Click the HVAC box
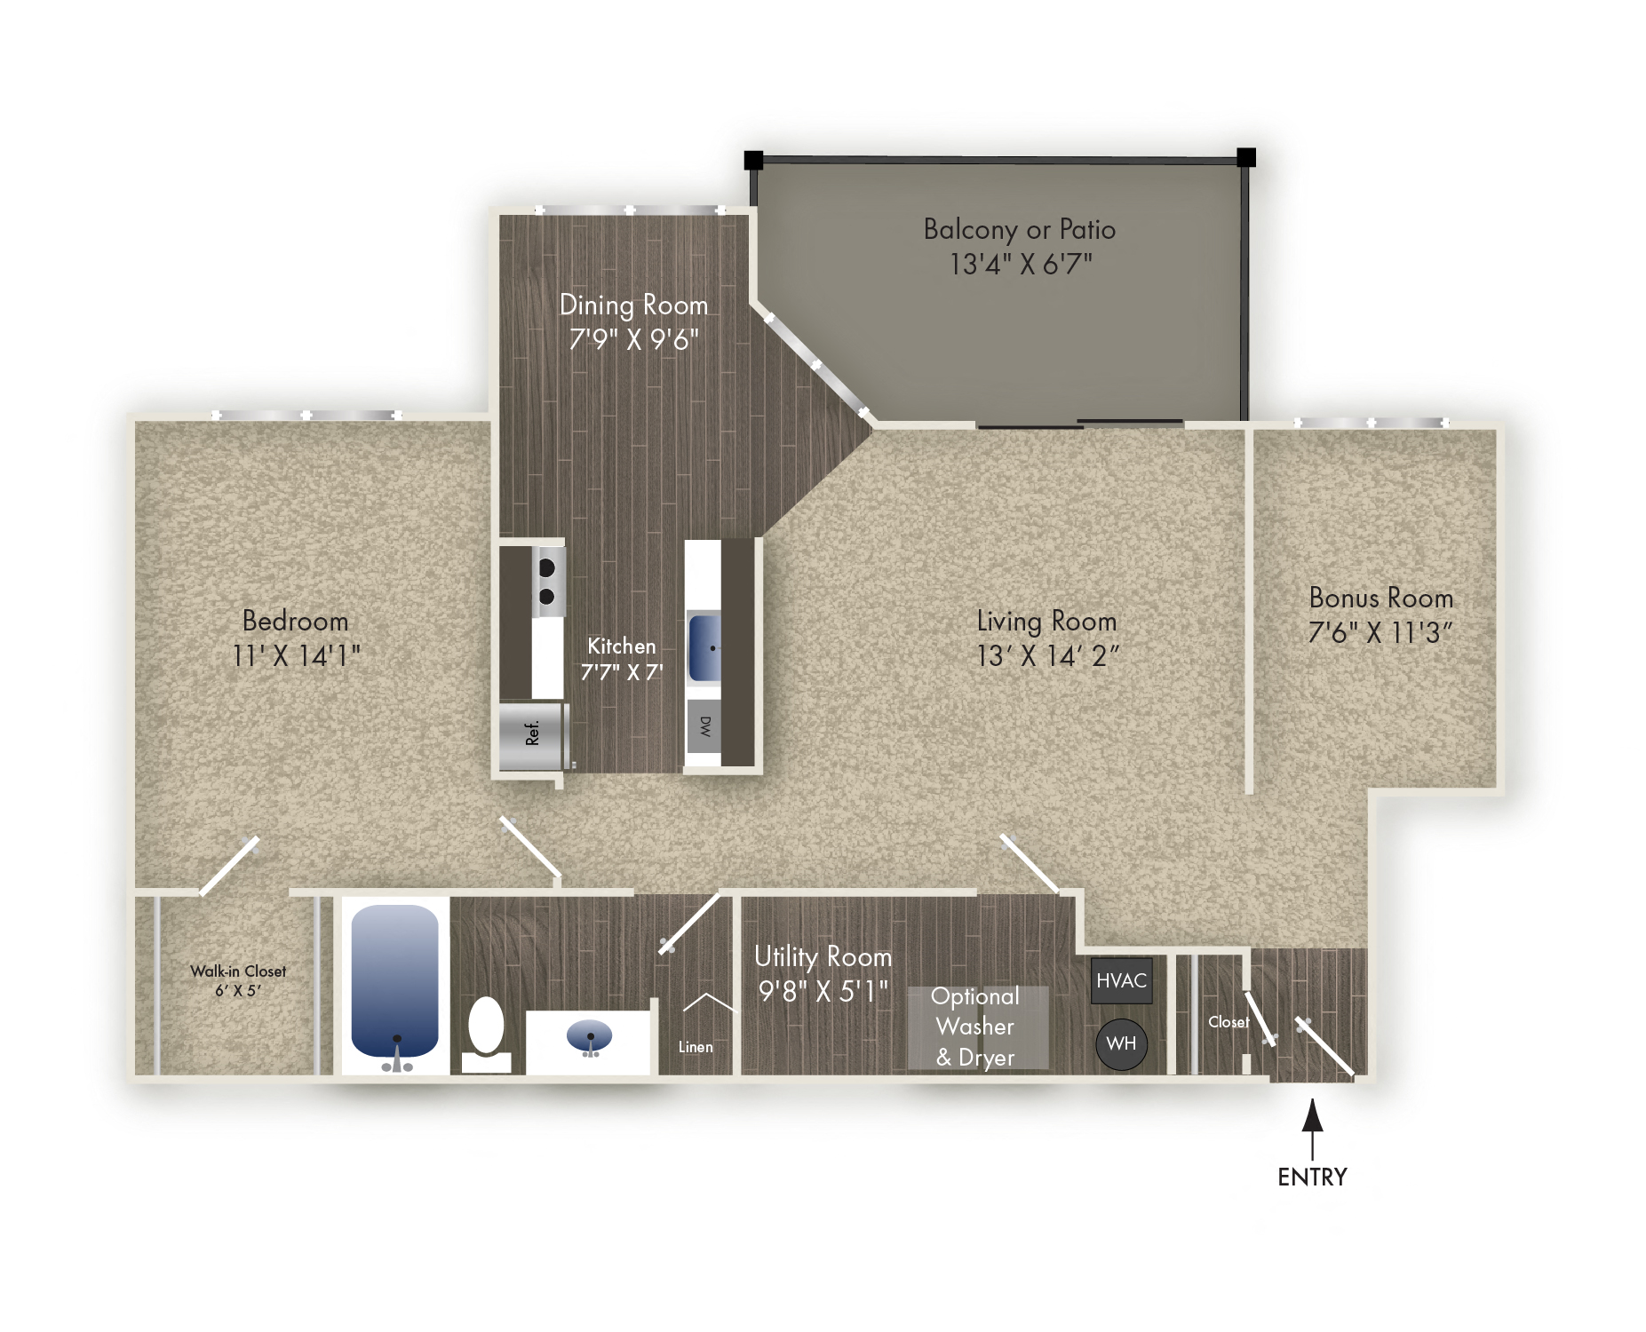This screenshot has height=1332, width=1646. [x=1121, y=980]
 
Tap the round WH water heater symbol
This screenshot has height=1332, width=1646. [x=1121, y=1043]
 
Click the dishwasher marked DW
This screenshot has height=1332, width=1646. [x=704, y=726]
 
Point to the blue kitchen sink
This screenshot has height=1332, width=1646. [x=705, y=648]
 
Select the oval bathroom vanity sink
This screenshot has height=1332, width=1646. [x=589, y=1035]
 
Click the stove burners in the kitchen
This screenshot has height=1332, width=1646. [x=547, y=582]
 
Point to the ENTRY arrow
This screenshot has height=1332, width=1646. [x=1312, y=1128]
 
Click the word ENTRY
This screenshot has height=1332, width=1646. [x=1312, y=1177]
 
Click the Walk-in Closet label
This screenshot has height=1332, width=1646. [x=238, y=971]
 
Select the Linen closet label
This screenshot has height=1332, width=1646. [x=696, y=1047]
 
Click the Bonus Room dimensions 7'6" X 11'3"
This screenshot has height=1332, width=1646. [x=1380, y=633]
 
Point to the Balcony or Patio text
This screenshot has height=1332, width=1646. [x=1019, y=229]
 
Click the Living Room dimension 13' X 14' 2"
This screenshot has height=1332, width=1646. [x=1047, y=656]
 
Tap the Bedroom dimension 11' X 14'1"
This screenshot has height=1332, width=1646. [x=296, y=656]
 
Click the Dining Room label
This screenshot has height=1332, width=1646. [x=633, y=305]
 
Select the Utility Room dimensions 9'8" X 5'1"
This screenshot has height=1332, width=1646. [x=823, y=991]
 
